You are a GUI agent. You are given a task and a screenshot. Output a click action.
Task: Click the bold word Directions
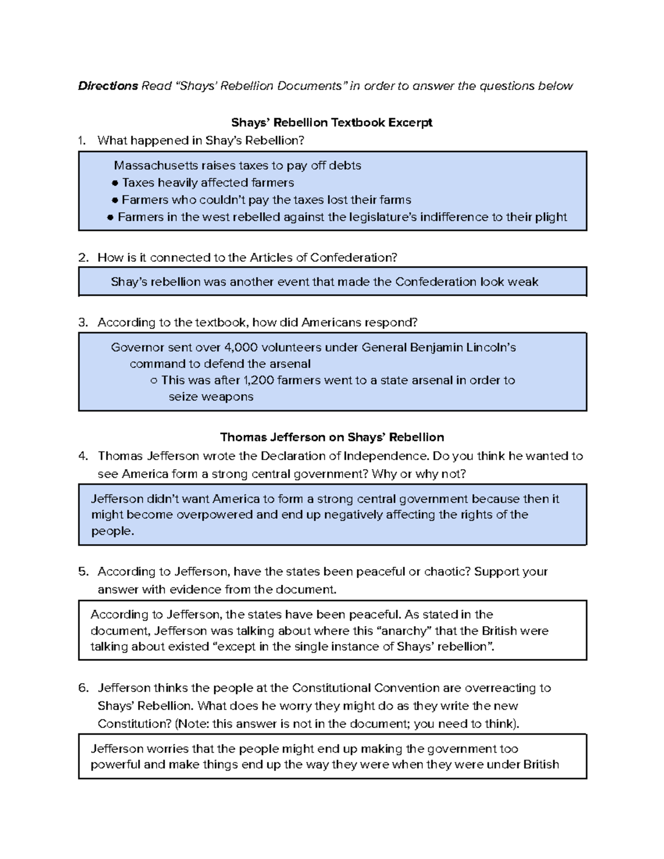coord(108,86)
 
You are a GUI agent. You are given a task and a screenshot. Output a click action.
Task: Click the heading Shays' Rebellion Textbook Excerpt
coord(331,122)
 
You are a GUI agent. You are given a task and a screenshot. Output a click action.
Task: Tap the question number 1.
coord(82,140)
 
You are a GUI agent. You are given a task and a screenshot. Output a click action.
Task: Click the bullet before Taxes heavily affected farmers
coord(115,183)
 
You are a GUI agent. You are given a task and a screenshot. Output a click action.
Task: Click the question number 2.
coord(83,257)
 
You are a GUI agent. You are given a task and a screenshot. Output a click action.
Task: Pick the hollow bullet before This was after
coord(153,381)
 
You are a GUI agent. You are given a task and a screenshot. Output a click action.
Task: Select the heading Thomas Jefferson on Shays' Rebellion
coord(332,437)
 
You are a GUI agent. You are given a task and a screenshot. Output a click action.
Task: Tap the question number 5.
coord(83,571)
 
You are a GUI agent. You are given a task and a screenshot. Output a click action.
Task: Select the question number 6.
coord(83,688)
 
